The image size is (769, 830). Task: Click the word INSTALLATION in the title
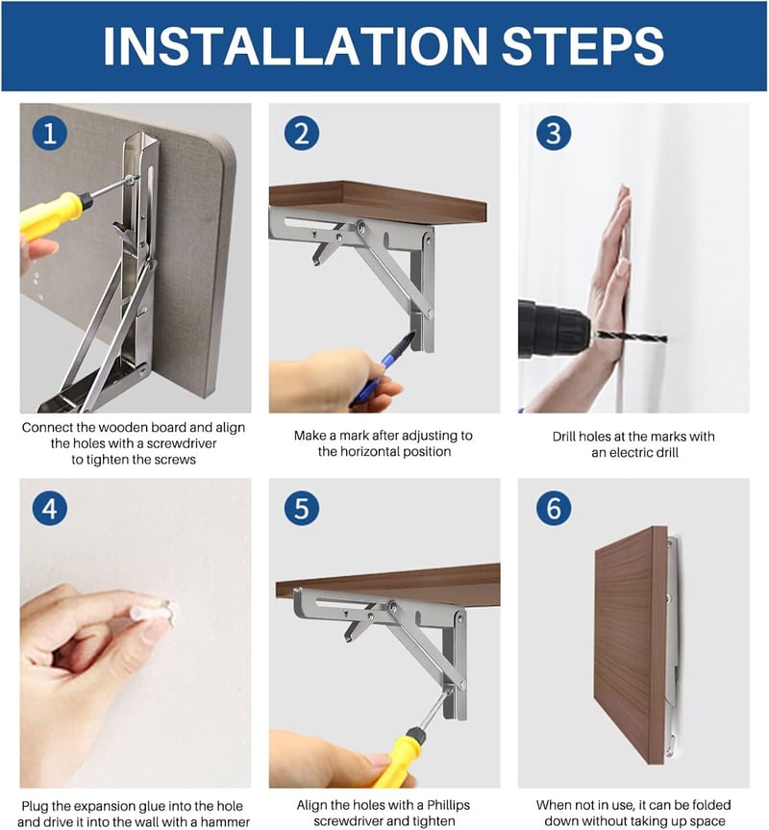coord(294,45)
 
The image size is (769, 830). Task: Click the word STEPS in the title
coord(583,45)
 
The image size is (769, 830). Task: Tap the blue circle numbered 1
coord(50,133)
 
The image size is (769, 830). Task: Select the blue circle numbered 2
coord(302,133)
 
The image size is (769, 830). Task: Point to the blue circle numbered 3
coord(554,133)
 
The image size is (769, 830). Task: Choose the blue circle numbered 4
coord(50,508)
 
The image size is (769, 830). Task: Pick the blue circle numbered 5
coord(302,508)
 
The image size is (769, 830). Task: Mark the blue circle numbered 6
coord(554,508)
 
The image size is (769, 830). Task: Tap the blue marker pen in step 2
coord(382,369)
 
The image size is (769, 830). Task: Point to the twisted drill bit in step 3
coord(630,337)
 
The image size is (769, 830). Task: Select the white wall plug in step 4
coord(152,613)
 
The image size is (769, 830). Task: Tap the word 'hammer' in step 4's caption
coord(225,822)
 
